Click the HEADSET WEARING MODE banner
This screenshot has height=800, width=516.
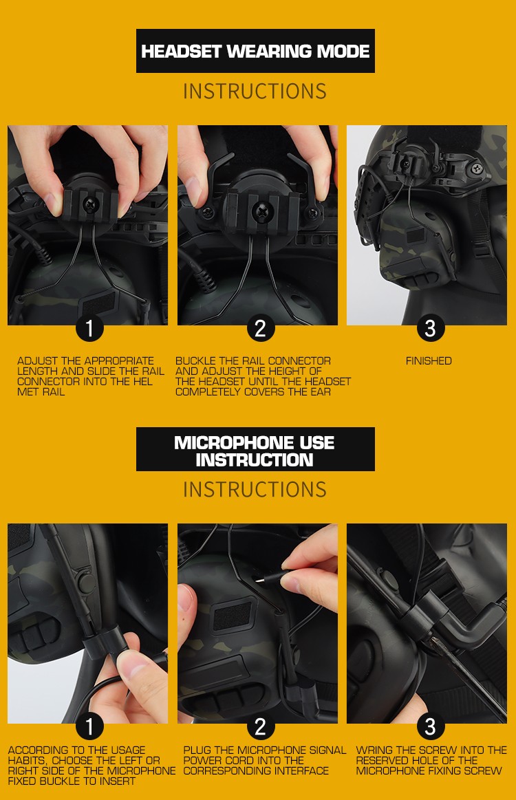255,51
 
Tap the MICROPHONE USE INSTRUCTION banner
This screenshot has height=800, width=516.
255,449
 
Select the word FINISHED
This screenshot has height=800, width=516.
429,360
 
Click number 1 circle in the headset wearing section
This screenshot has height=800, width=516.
90,328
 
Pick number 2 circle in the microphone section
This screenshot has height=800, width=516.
260,726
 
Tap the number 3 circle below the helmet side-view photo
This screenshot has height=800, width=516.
430,328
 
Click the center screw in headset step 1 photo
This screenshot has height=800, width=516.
92,206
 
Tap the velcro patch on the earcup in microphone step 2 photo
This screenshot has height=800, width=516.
233,616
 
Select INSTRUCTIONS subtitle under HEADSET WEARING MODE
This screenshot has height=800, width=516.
255,91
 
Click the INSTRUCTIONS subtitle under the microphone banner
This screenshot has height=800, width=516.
255,490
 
